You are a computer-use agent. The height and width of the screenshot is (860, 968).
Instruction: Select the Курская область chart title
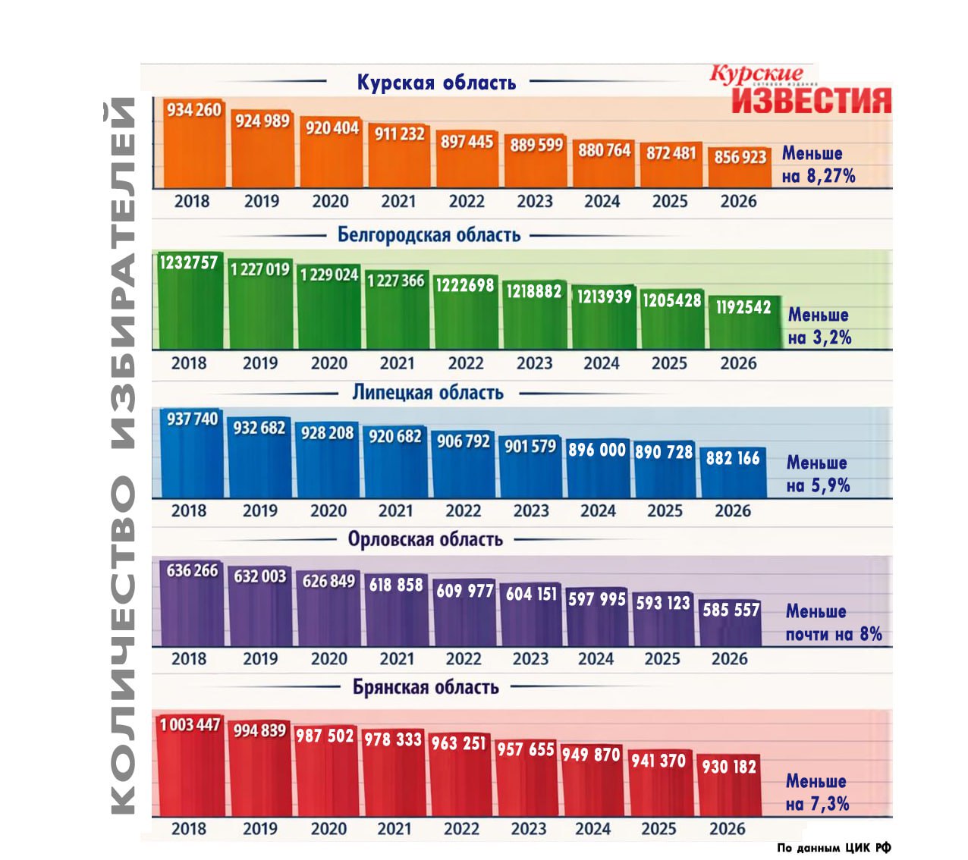pyautogui.click(x=436, y=82)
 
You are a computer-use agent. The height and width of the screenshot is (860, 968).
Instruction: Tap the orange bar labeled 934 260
pyautogui.click(x=194, y=148)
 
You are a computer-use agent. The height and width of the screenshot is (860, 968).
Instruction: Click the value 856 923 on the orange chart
pyautogui.click(x=740, y=157)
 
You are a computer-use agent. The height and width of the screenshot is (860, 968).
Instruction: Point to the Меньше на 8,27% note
pyautogui.click(x=818, y=165)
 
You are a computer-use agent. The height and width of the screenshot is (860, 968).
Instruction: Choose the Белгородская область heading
pyautogui.click(x=429, y=235)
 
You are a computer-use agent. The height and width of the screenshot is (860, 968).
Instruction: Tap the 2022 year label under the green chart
pyautogui.click(x=465, y=363)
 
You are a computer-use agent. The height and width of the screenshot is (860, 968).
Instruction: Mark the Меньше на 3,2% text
pyautogui.click(x=819, y=326)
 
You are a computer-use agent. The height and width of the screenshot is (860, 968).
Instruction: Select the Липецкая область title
pyautogui.click(x=428, y=393)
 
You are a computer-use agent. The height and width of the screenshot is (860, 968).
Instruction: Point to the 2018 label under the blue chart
pyautogui.click(x=189, y=510)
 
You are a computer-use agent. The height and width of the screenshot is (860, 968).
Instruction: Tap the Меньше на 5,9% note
pyautogui.click(x=818, y=474)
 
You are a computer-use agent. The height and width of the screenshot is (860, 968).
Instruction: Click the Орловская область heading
pyautogui.click(x=425, y=539)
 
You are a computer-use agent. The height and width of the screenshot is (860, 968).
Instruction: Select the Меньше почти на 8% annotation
pyautogui.click(x=833, y=623)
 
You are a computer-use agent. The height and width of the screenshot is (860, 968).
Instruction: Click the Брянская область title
pyautogui.click(x=426, y=687)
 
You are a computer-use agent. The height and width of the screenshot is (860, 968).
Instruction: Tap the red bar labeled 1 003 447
pyautogui.click(x=190, y=766)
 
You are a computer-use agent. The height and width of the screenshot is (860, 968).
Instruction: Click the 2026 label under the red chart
pyautogui.click(x=728, y=829)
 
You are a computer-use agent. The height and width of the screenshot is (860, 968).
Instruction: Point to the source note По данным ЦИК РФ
pyautogui.click(x=834, y=848)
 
